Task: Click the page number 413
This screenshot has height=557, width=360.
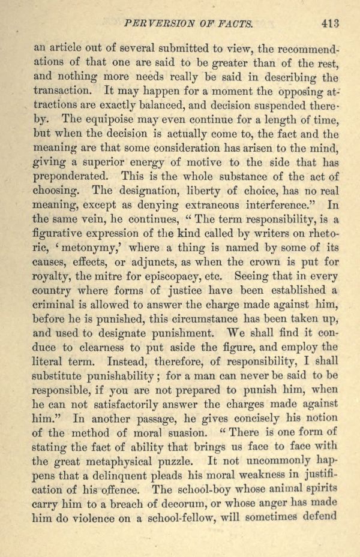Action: (x=331, y=24)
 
